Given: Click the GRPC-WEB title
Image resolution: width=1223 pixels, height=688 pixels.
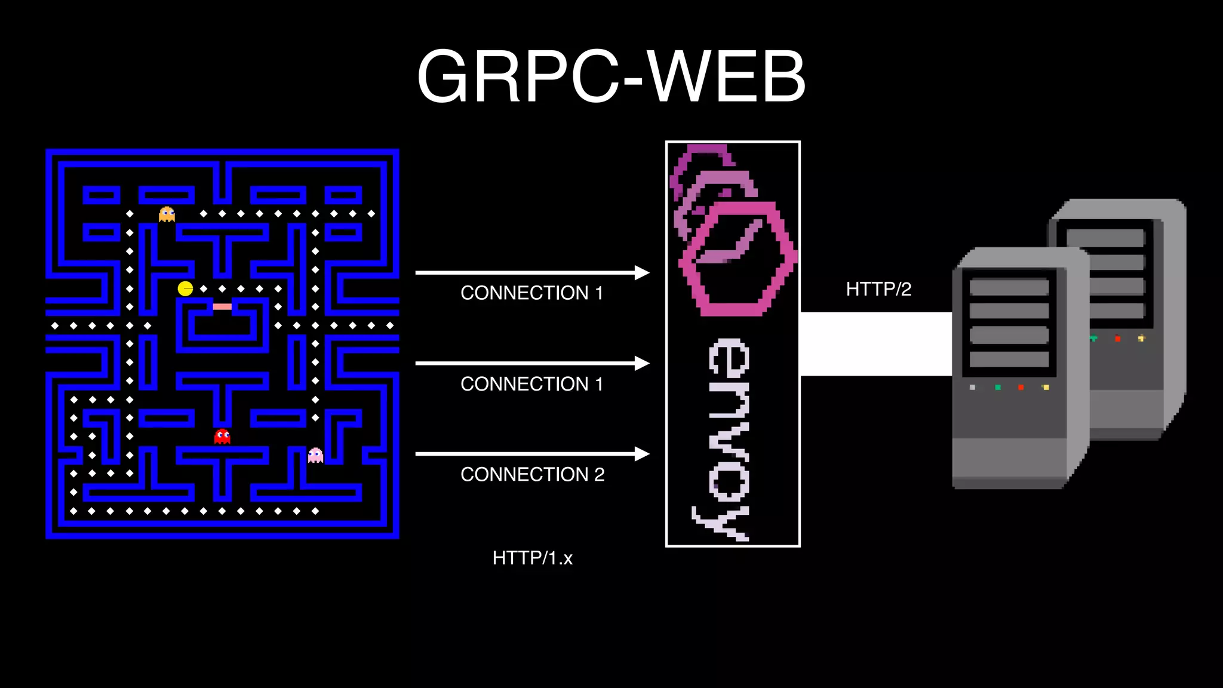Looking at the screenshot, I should [x=611, y=76].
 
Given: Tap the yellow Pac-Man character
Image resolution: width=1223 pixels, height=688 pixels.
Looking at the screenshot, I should [x=185, y=289].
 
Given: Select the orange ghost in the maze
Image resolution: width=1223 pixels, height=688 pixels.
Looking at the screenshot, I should [x=167, y=214].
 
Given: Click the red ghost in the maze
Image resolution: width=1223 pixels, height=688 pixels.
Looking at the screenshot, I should [x=222, y=436].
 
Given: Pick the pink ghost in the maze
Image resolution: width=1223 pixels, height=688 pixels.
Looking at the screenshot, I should [x=315, y=456].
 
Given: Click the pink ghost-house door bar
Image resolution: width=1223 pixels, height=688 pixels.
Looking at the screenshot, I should [x=222, y=306].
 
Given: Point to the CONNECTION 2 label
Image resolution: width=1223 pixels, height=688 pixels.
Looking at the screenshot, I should [x=532, y=474].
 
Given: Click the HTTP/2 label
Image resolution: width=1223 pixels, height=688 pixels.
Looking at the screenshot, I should [x=878, y=289].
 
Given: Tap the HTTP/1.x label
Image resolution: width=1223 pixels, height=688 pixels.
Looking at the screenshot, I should [x=532, y=558].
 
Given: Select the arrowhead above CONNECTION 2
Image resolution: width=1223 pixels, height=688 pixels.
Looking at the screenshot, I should [x=642, y=454].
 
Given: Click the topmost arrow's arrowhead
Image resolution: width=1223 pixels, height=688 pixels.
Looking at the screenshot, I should [x=642, y=273].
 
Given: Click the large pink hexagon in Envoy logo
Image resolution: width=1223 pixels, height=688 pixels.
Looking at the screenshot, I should [x=738, y=259].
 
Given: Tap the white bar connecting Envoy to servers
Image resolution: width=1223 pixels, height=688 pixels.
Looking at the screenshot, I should [x=875, y=344].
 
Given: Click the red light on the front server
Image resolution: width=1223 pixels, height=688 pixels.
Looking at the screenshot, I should [x=1021, y=388].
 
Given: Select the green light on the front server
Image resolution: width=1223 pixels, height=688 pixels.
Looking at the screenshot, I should [x=997, y=388].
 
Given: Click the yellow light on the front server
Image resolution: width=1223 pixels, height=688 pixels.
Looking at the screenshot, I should [x=1045, y=388].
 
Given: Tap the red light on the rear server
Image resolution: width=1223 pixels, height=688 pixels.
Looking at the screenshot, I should [x=1117, y=339].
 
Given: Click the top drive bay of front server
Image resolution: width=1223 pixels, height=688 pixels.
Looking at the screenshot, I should [x=1009, y=287].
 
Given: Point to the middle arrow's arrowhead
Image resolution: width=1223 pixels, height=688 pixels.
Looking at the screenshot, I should [x=642, y=363].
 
